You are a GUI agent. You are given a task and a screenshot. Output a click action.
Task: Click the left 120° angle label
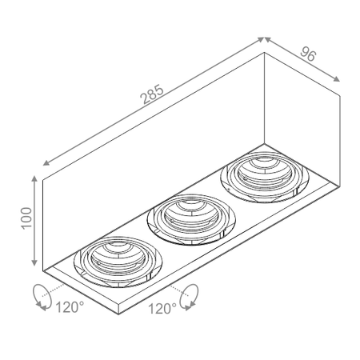tap(69, 307)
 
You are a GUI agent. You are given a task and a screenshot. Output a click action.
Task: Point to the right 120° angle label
tap(162, 307)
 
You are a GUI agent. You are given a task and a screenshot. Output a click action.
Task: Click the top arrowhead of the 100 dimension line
tap(34, 175)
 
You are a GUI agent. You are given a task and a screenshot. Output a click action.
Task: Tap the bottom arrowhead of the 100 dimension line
tap(34, 266)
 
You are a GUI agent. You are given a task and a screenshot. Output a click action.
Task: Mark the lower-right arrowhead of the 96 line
tap(338, 80)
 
